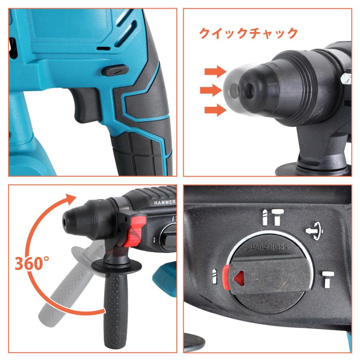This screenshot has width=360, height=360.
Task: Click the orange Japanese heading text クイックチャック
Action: point(248,33)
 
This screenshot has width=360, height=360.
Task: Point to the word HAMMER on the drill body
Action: point(164,202)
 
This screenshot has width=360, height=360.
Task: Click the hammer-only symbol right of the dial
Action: point(328,279)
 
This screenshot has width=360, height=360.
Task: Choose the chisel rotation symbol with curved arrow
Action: point(315,230)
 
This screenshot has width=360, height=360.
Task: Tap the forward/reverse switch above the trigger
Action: point(115,71)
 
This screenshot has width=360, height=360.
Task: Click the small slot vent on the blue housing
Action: point(104,49)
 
